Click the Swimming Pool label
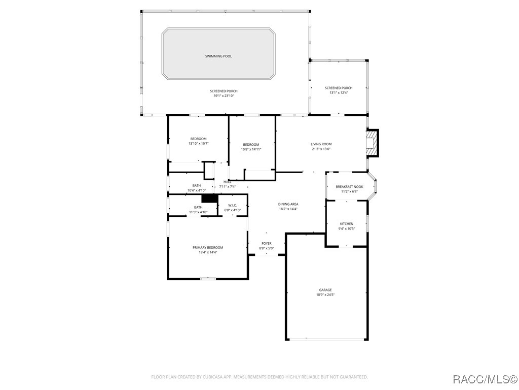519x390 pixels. (218, 56)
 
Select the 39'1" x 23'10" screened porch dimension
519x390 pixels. (224, 96)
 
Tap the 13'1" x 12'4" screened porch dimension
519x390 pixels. (339, 93)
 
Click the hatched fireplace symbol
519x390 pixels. (373, 143)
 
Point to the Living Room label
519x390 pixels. (321, 144)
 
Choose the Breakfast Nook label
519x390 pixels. (349, 186)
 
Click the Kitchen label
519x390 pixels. (347, 223)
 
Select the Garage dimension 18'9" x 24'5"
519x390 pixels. (325, 295)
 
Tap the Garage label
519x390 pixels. (325, 290)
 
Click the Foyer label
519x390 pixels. (267, 244)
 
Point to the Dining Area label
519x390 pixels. (288, 204)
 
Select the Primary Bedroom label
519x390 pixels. (208, 247)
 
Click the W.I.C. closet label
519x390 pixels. (232, 205)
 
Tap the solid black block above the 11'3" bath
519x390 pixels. (209, 199)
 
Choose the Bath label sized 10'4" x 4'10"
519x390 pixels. (196, 185)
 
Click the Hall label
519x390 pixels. (227, 182)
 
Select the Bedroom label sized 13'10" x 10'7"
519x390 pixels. (198, 139)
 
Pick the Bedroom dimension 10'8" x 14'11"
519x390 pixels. (251, 149)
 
